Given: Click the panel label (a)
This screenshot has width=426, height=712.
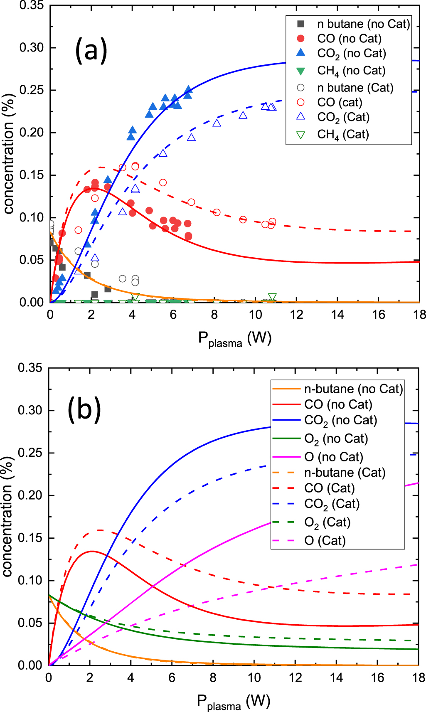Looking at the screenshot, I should pos(91,50).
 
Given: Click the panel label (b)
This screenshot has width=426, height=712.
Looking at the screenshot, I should pos(84,409).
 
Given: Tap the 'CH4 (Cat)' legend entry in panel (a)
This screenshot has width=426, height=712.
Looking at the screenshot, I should pos(343,134).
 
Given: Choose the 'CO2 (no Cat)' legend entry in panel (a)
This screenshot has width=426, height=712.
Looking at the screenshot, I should pos(351,54).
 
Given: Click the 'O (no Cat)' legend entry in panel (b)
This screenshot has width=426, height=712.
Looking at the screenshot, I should pos(333,457).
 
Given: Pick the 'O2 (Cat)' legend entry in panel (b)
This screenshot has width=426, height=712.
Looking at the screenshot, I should pos(327,522).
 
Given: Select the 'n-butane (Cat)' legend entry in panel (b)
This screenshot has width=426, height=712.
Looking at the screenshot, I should pos(345,473).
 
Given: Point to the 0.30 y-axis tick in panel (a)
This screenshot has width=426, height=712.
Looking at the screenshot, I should pos(32,47).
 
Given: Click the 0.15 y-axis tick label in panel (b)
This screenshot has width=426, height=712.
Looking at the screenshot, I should pos(30,538).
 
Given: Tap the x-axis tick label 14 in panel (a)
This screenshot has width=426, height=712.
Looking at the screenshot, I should pos(337,315).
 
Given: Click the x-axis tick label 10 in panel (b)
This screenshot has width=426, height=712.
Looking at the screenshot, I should pos(254,678).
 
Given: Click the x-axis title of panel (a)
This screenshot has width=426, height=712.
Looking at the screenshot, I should pos(235,339).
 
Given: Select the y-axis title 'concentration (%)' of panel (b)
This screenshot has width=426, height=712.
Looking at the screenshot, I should pos(7,517).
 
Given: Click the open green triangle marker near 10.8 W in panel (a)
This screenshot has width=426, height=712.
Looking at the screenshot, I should pos(272,297).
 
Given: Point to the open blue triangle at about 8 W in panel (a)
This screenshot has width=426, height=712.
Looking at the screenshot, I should pos(217,123).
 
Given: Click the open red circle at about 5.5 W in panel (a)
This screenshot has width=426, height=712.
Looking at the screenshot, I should pos(163,182).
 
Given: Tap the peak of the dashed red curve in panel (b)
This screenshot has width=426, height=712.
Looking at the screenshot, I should pos(100,530).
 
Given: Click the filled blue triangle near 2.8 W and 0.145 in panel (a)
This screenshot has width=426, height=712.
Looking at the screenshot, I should pos(108,180).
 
